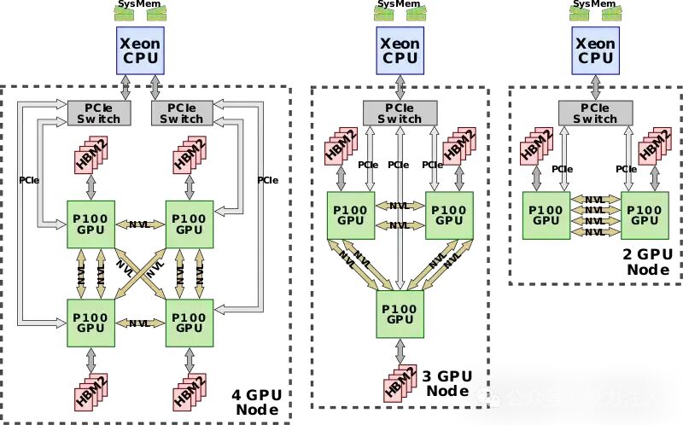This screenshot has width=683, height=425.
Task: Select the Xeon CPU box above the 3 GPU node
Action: [x=399, y=49]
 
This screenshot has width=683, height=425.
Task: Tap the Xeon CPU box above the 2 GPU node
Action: [x=596, y=49]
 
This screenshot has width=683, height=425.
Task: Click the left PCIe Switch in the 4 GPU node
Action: [x=98, y=113]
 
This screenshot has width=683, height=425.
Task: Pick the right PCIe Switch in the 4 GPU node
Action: [x=182, y=113]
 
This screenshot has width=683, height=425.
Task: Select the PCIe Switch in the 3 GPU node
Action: [x=399, y=114]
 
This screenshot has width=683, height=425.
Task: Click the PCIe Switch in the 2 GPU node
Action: [x=596, y=114]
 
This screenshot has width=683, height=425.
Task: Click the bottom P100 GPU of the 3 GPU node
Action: [x=399, y=313]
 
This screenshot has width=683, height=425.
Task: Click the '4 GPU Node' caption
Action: [x=256, y=402]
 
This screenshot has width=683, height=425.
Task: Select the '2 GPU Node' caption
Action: [x=649, y=262]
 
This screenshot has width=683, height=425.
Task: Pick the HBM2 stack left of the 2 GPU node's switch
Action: [x=535, y=147]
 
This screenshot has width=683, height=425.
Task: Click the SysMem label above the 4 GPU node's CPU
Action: [x=138, y=3]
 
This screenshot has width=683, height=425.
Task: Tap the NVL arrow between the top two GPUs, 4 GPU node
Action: [x=139, y=224]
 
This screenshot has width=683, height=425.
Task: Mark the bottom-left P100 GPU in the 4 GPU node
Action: [x=90, y=322]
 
